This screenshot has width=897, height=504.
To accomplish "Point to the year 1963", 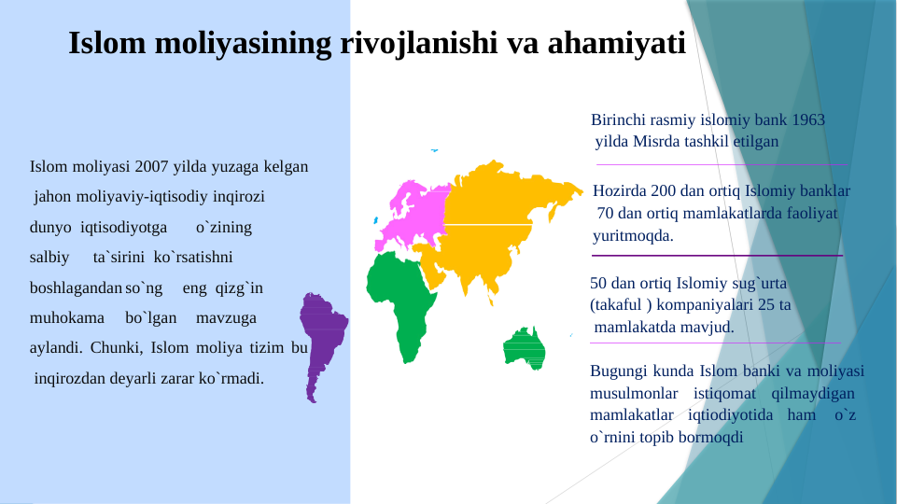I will pos(807,120).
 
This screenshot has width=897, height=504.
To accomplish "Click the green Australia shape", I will pos(524,346).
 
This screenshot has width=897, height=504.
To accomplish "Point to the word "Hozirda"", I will pos(620,190).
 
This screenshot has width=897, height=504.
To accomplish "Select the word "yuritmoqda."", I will pos(633,236).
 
